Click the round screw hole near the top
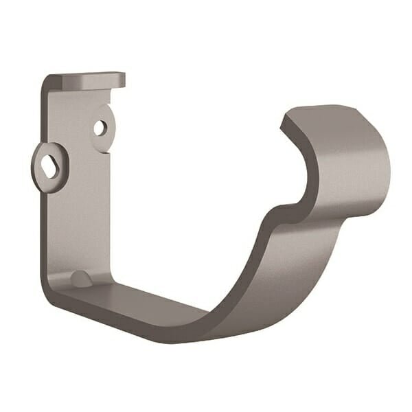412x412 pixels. click(100, 127)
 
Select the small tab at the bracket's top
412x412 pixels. click(89, 77)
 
